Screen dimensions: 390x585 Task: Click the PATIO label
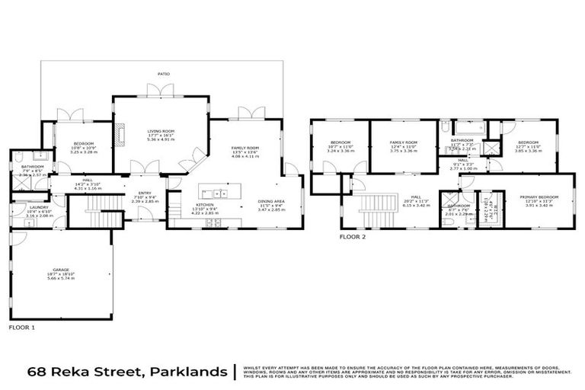pos(164,74)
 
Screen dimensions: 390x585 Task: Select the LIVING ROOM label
pos(161,131)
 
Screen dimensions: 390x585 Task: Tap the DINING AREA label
pos(270,202)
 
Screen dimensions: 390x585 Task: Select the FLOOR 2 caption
pos(353,237)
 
